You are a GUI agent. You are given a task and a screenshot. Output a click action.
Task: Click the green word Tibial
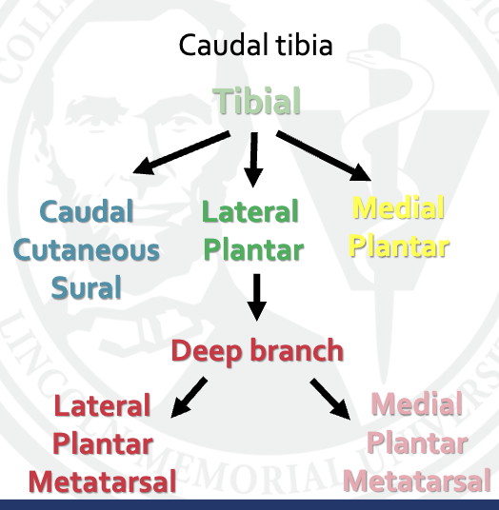pos(256,101)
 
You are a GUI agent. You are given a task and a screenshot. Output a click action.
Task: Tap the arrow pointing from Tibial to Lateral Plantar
pos(253,159)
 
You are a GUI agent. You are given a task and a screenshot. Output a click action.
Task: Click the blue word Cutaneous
pos(86,250)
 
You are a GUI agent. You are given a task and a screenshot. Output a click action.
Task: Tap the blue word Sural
pos(86,287)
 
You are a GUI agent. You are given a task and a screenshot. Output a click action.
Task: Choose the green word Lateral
pos(250,211)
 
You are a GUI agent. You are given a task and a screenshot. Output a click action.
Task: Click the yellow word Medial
pos(399,207)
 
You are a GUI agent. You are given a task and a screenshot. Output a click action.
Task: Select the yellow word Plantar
pos(399,245)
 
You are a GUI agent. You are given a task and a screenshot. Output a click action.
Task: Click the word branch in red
pos(295,350)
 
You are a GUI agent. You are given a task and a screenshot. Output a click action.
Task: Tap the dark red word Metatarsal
pos(102,481)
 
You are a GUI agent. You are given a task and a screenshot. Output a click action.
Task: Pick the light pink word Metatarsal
pos(417,481)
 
